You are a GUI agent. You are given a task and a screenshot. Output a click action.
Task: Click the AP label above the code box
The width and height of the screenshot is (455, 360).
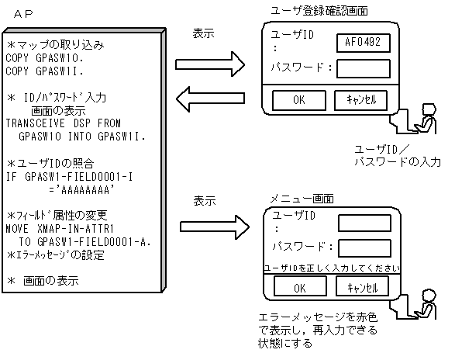click(x=23, y=13)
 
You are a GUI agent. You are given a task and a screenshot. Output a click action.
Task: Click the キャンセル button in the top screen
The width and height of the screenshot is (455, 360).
click(x=360, y=100)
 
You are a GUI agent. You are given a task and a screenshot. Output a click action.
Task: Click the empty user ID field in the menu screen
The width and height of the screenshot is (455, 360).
click(x=364, y=223)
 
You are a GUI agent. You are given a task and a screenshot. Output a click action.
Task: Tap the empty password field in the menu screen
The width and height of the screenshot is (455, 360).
click(x=364, y=247)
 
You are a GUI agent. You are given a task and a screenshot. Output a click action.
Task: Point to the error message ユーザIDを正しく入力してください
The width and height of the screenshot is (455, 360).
click(x=333, y=267)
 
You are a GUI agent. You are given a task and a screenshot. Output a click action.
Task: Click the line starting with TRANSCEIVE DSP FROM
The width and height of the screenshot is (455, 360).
click(x=64, y=123)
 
